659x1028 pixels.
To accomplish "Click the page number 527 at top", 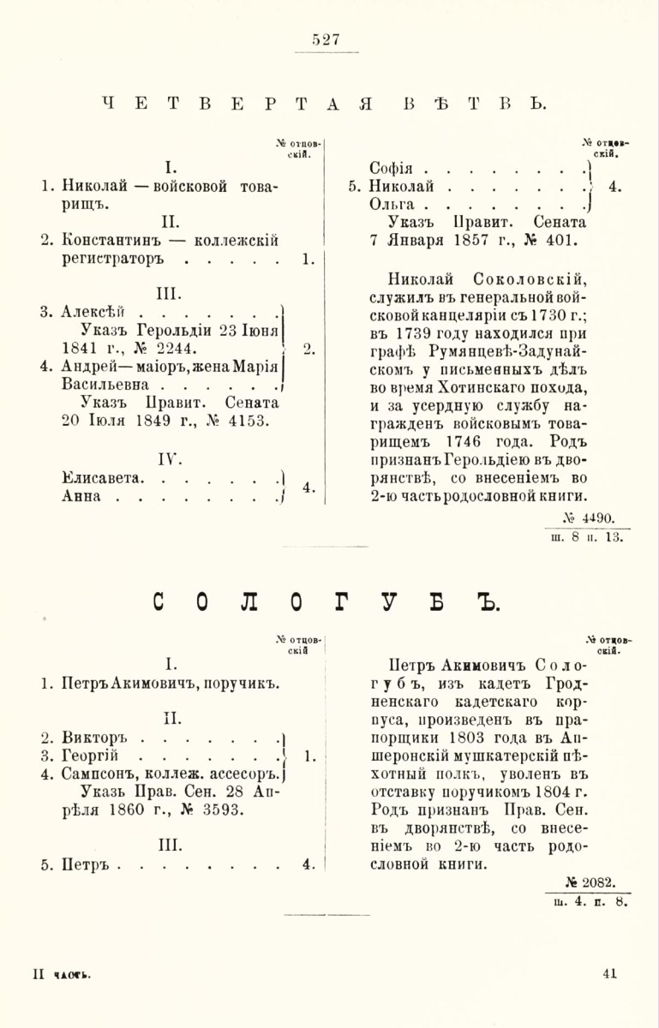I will (327, 39).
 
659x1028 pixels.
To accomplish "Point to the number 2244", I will (174, 348).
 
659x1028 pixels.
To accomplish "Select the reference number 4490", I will (596, 517).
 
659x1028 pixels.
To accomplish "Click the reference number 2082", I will (596, 880).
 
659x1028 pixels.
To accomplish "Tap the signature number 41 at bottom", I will (610, 972).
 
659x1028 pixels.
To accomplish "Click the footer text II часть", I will (61, 974).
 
